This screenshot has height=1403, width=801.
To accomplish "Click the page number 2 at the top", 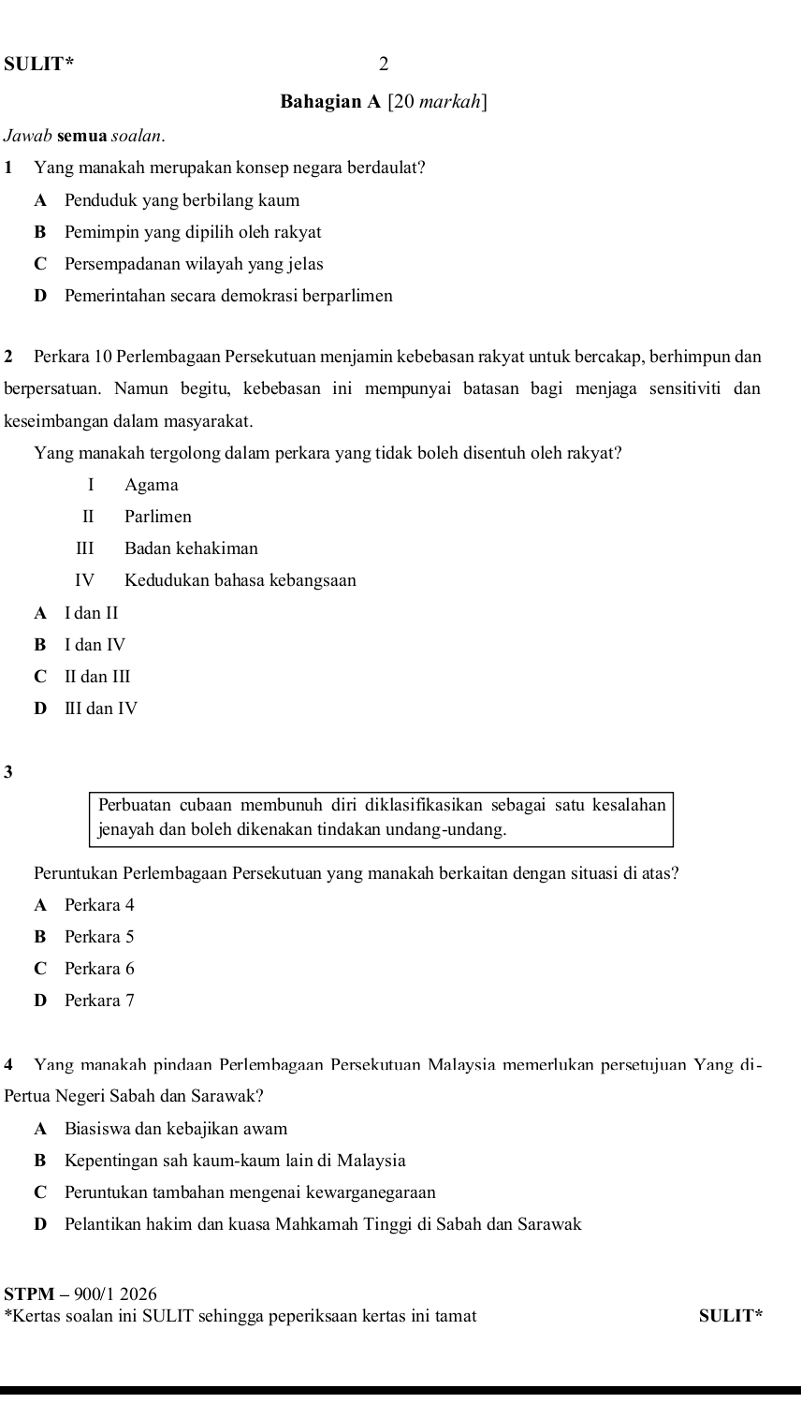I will [x=383, y=65].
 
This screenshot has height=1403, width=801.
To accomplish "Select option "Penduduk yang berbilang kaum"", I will [x=182, y=200].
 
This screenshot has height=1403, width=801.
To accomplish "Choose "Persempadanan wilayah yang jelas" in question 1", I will [x=194, y=264].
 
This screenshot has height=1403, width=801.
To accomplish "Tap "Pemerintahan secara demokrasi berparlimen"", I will [x=228, y=296].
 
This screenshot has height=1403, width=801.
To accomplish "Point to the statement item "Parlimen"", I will [x=157, y=517].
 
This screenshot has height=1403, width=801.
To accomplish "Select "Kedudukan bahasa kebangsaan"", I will [x=240, y=580].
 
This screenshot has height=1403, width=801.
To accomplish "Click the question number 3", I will [x=8, y=772].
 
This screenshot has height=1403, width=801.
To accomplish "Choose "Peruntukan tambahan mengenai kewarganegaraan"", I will [x=250, y=1192].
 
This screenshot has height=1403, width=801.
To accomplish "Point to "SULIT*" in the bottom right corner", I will [x=731, y=1316].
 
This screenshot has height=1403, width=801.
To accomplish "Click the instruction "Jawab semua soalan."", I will [x=85, y=136].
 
